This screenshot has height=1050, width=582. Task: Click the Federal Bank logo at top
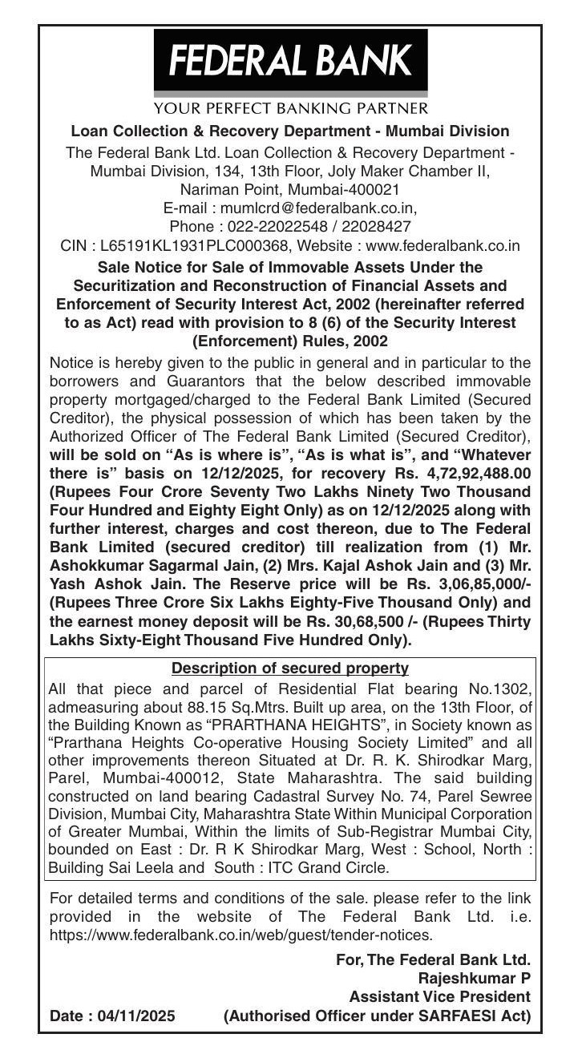(x=290, y=60)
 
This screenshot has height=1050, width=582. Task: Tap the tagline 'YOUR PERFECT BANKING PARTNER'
(x=290, y=107)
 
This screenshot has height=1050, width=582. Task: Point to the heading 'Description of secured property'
(x=290, y=668)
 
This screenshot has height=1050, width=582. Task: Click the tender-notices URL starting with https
(x=241, y=935)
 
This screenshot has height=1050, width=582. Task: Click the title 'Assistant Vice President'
(x=439, y=997)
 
